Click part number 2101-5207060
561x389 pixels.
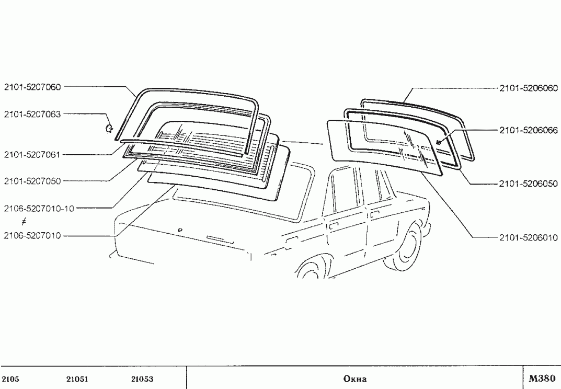[32, 87]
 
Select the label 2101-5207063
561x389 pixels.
[32, 114]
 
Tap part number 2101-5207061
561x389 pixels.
[32, 155]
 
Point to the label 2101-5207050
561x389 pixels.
[32, 181]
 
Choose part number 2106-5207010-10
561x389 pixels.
[39, 208]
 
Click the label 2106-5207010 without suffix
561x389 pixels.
[32, 236]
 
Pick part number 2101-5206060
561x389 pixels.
[529, 88]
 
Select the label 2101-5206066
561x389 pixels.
[529, 130]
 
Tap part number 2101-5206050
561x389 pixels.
[529, 184]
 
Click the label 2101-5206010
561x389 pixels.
[529, 237]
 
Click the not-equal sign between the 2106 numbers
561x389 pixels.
[24, 222]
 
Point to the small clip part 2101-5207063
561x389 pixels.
[109, 128]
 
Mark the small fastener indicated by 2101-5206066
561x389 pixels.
[438, 142]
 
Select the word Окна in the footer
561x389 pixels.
[355, 379]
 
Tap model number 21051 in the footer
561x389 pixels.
[77, 379]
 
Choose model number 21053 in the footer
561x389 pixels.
[142, 379]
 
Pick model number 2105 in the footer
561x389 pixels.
[10, 379]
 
